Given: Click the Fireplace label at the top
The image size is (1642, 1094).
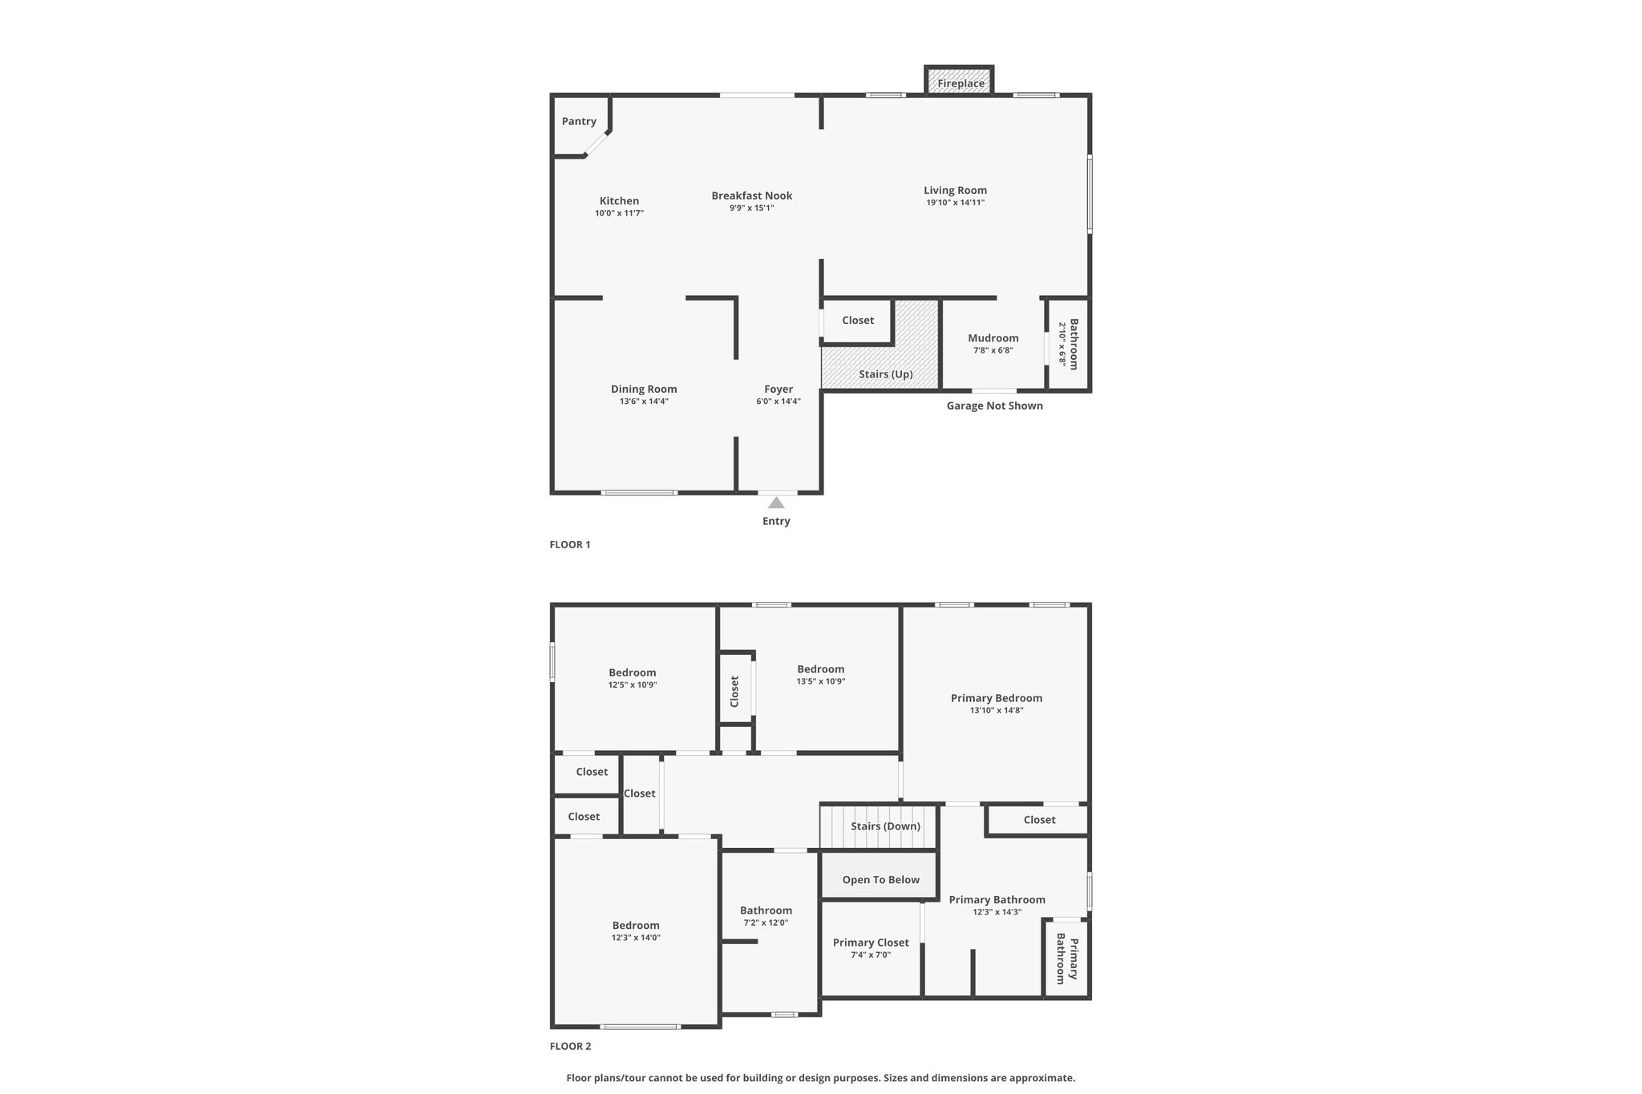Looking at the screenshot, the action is pyautogui.click(x=961, y=83).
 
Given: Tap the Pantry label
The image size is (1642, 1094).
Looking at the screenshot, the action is pyautogui.click(x=579, y=121).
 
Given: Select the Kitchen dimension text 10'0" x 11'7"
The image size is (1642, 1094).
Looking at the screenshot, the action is pyautogui.click(x=619, y=214).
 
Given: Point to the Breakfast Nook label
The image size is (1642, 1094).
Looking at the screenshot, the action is pyautogui.click(x=752, y=196).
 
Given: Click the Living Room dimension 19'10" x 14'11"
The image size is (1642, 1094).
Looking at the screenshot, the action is pyautogui.click(x=955, y=203).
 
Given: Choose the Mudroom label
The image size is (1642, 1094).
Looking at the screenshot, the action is pyautogui.click(x=993, y=338).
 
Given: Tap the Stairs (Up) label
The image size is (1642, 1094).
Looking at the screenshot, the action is pyautogui.click(x=886, y=374).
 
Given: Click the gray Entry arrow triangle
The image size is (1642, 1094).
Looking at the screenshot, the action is pyautogui.click(x=776, y=503).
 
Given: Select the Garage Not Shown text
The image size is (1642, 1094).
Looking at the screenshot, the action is pyautogui.click(x=995, y=406).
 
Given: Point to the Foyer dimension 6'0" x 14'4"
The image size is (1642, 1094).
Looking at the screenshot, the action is pyautogui.click(x=779, y=402).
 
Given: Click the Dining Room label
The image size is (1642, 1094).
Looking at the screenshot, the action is pyautogui.click(x=644, y=390).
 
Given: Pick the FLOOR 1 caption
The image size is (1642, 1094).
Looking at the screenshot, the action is pyautogui.click(x=570, y=545).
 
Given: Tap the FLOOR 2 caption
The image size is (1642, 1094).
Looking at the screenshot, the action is pyautogui.click(x=570, y=1046).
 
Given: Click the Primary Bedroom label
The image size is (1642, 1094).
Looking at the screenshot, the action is pyautogui.click(x=997, y=698).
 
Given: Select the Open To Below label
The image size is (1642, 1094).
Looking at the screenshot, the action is pyautogui.click(x=881, y=880).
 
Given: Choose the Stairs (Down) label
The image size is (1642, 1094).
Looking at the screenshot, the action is pyautogui.click(x=886, y=826).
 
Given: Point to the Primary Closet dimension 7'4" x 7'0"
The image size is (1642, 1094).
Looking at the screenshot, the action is pyautogui.click(x=871, y=955).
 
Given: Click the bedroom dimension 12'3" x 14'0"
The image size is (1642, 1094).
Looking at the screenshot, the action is pyautogui.click(x=636, y=938).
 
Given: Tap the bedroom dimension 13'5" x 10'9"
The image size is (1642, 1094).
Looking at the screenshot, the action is pyautogui.click(x=821, y=681).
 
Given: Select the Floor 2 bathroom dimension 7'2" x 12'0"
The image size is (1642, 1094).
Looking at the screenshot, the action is pyautogui.click(x=766, y=922).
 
